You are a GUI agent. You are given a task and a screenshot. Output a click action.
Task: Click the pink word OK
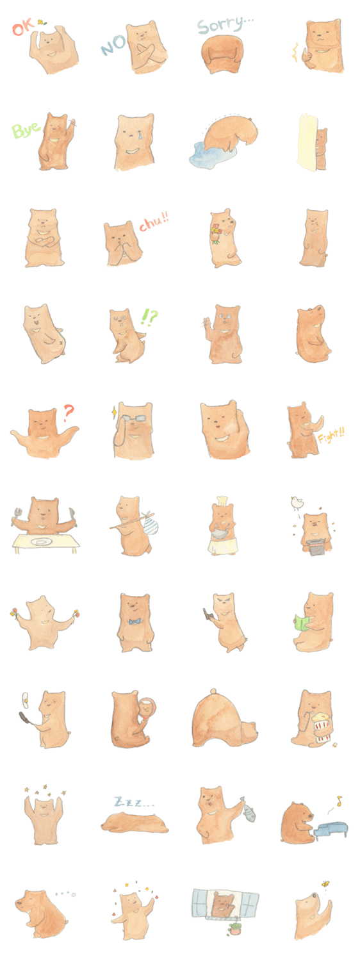click(x=23, y=28)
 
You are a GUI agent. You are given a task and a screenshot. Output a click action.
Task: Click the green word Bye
click(x=26, y=130)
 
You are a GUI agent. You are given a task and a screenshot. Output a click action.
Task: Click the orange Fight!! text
click(x=331, y=437)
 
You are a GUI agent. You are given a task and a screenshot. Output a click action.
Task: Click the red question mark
click(x=69, y=413)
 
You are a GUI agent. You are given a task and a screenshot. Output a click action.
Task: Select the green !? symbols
click(x=149, y=318)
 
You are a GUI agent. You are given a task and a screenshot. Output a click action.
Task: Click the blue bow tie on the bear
click(x=136, y=621)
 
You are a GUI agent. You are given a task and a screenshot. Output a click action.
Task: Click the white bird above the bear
click(x=296, y=501)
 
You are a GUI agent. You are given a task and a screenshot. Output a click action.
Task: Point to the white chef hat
click(x=222, y=500)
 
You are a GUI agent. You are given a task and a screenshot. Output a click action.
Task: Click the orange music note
click(x=339, y=800)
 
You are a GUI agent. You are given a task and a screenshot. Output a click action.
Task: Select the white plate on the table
click(x=42, y=542)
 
